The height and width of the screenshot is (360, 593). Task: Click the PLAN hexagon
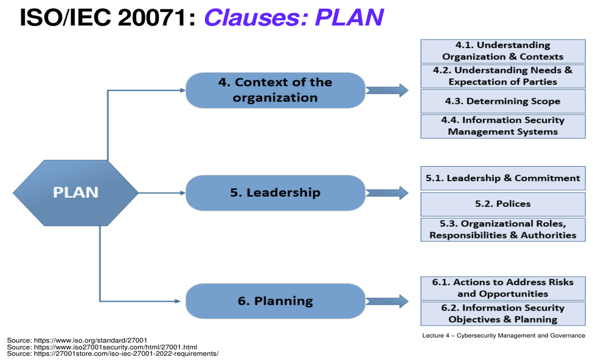pos(75,193)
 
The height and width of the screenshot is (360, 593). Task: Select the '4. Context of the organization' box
pos(276,91)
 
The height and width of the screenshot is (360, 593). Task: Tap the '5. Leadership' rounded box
pos(276,193)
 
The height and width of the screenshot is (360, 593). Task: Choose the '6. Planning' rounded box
pos(276,301)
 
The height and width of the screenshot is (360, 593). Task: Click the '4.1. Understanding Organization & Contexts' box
pos(503,51)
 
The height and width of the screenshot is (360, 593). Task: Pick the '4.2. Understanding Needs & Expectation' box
pos(503,76)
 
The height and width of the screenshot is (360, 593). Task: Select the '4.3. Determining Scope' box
pos(503,102)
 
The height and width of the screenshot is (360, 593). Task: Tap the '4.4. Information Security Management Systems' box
pos(503,126)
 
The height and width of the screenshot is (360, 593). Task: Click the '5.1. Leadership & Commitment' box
pos(503,178)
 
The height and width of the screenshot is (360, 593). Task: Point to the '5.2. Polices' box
pos(503,204)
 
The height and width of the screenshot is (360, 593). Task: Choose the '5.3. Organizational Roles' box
pos(503,229)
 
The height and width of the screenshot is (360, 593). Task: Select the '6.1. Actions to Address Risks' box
pos(503,288)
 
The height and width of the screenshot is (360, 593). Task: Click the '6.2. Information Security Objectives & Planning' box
pos(503,314)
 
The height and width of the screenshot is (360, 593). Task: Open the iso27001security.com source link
pos(102,347)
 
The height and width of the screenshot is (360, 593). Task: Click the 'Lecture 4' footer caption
pos(504,336)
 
